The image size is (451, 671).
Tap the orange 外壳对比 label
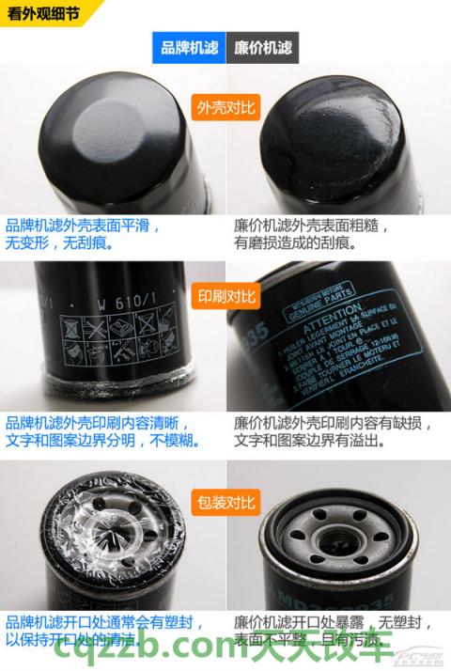[x=225, y=107]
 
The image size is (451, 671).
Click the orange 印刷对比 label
[x=225, y=297]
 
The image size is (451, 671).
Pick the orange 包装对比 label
[x=225, y=502]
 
